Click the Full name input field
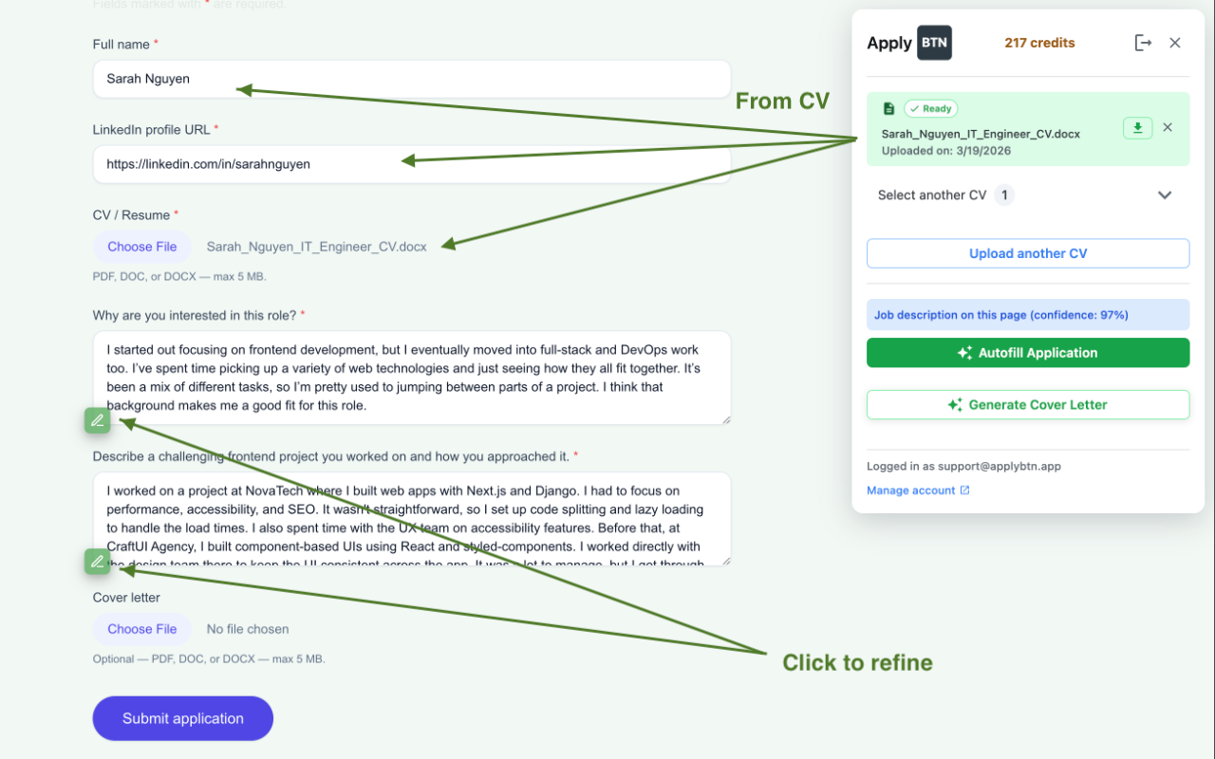(411, 79)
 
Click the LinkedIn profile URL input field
(411, 164)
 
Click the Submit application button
(182, 718)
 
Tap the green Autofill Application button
(1028, 353)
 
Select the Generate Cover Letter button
(1028, 404)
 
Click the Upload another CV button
(1028, 253)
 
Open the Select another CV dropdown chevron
(1165, 195)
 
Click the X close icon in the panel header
(1175, 43)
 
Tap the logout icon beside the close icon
(1143, 43)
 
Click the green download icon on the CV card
(1137, 128)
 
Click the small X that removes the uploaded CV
(1168, 127)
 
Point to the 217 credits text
(1039, 43)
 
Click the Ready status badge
(930, 108)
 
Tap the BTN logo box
(934, 43)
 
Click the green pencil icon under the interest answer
(97, 420)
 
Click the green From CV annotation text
(782, 101)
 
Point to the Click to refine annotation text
(857, 662)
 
